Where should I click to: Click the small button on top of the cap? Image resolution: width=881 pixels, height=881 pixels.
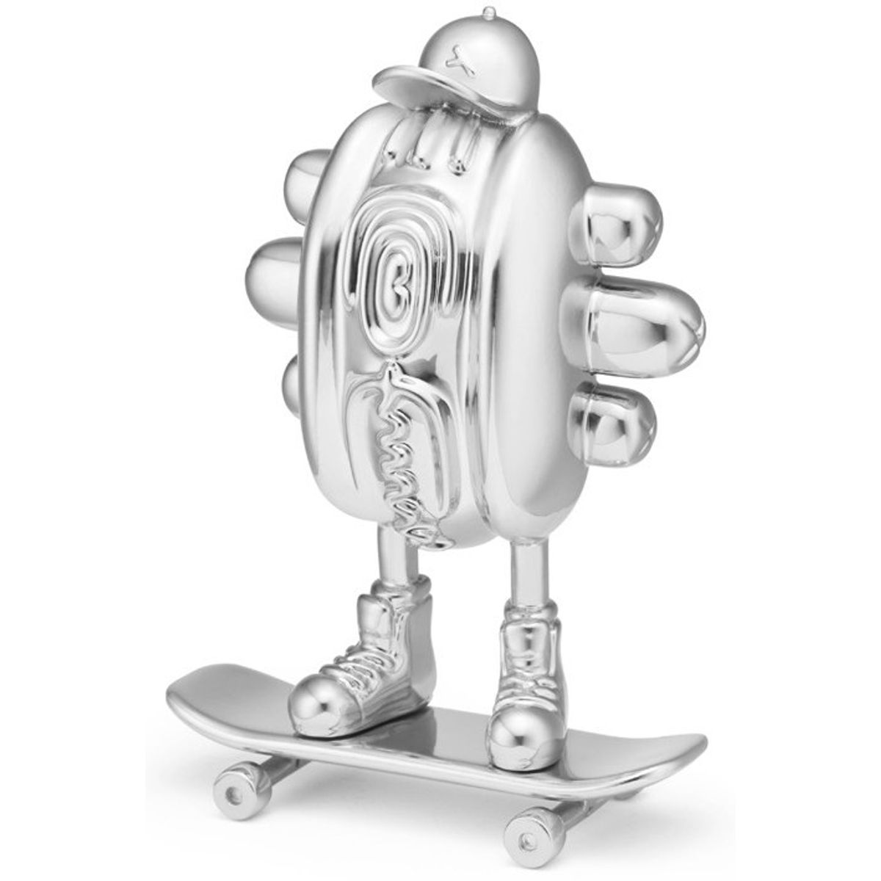(487, 12)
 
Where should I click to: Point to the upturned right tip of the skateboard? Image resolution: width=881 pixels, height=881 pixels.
(675, 749)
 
